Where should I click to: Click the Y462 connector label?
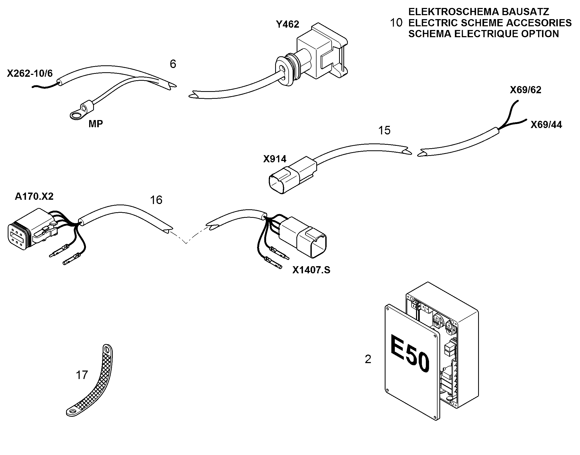pos(287,24)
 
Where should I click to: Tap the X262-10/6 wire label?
pos(30,73)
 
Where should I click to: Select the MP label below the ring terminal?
pos(96,124)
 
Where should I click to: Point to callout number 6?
pos(173,64)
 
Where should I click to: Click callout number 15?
pos(384,130)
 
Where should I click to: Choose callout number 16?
pos(156,200)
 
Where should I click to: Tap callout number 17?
pos(82,375)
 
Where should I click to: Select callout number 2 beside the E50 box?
pos(368,359)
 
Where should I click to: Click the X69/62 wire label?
pos(525,90)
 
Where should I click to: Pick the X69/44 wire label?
pos(546,125)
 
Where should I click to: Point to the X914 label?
pos(275,159)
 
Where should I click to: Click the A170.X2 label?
pos(34,196)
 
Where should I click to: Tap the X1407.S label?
pos(311,270)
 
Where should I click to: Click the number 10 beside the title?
pos(396,23)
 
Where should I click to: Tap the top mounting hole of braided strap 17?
pos(107,349)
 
